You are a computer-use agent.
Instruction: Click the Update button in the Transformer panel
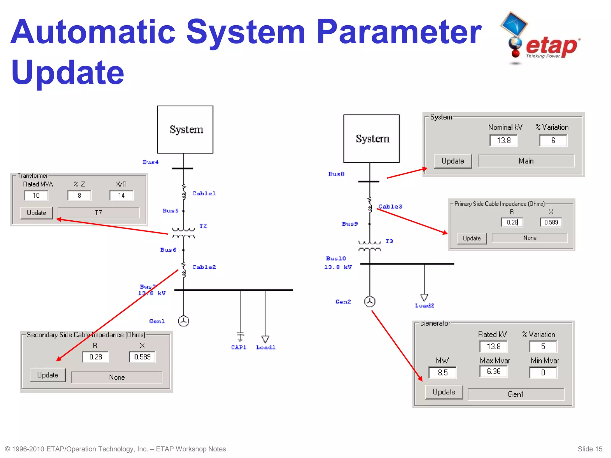click(36, 213)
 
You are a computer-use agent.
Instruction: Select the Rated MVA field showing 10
click(36, 196)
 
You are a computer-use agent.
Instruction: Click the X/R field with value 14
click(121, 196)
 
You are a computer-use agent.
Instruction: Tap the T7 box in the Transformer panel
click(98, 213)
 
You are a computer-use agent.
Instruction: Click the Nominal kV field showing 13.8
click(504, 140)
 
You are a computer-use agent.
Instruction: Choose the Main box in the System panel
click(526, 161)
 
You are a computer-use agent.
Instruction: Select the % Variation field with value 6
click(553, 140)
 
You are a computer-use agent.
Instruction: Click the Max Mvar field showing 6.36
click(493, 372)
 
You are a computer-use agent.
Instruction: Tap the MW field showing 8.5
click(442, 373)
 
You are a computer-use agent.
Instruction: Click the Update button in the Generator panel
click(444, 392)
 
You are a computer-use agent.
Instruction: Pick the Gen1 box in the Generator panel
click(516, 394)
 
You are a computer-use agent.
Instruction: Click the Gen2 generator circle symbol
click(370, 301)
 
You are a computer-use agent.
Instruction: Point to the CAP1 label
click(239, 347)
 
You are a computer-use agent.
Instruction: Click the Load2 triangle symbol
click(424, 297)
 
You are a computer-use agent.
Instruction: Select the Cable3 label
click(390, 207)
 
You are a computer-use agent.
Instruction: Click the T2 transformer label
click(203, 226)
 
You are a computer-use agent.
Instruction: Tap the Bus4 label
click(151, 162)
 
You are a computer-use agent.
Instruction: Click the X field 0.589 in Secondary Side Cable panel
click(142, 357)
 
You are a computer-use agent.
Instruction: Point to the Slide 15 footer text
click(590, 449)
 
